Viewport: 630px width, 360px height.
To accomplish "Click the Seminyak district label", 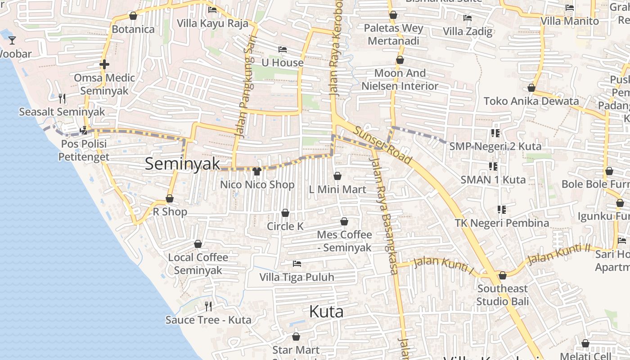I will click(x=182, y=164).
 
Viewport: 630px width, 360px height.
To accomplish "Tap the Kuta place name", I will click(x=327, y=311).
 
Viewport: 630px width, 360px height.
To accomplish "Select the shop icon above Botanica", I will click(x=133, y=16).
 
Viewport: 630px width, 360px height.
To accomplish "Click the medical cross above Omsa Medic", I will click(x=104, y=64).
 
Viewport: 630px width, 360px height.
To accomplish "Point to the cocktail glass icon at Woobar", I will click(x=12, y=40).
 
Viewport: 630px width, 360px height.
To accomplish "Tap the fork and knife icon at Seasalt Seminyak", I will click(x=62, y=98).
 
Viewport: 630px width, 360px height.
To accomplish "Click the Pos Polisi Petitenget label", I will click(x=84, y=150).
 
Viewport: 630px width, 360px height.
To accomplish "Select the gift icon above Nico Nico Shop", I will click(x=257, y=171).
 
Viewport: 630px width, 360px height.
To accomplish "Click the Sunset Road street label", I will click(x=382, y=145).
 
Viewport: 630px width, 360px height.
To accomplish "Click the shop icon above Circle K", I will click(x=285, y=213).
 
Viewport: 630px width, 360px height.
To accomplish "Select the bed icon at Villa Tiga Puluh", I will click(x=297, y=264).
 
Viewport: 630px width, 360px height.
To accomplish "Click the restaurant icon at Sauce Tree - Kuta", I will click(x=208, y=306).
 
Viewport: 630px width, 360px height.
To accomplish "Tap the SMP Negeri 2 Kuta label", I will click(x=495, y=146).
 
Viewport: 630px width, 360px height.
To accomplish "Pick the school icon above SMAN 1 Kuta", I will click(x=493, y=166).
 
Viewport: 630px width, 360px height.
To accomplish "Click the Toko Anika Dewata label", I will click(x=531, y=101).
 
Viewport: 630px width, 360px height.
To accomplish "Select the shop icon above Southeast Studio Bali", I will click(x=503, y=275).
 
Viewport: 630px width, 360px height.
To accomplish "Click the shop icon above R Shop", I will click(x=170, y=198).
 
